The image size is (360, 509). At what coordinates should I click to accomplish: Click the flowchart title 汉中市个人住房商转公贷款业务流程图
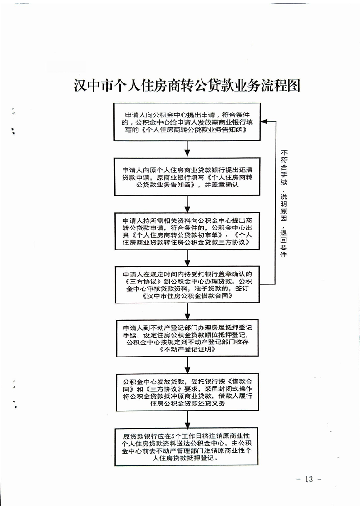[x=187, y=86]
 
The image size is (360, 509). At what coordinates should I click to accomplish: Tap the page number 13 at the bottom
[x=309, y=479]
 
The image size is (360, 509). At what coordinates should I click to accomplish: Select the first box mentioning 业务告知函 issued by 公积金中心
[x=187, y=122]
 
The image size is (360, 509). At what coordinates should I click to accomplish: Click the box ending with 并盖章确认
[x=187, y=176]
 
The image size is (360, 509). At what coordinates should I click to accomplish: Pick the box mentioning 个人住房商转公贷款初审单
[x=187, y=231]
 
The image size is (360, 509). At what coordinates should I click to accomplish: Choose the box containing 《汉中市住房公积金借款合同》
[x=187, y=285]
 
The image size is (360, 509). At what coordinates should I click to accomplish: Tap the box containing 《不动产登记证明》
[x=187, y=338]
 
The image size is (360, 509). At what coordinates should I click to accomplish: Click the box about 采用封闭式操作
[x=187, y=392]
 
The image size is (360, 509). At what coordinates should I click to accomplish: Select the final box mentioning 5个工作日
[x=187, y=447]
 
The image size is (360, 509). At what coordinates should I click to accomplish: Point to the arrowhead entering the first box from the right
[x=264, y=122]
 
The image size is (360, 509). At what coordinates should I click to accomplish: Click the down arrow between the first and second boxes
[x=187, y=149]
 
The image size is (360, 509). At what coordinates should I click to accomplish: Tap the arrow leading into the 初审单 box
[x=187, y=204]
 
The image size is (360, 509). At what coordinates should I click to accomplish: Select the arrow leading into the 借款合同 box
[x=187, y=258]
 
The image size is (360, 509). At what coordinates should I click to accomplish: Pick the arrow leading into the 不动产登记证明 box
[x=187, y=311]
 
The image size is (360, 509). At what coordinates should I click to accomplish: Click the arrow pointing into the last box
[x=187, y=420]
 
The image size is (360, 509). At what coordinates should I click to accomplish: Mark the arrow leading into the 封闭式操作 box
[x=187, y=365]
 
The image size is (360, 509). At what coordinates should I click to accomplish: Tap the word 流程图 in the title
[x=284, y=86]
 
